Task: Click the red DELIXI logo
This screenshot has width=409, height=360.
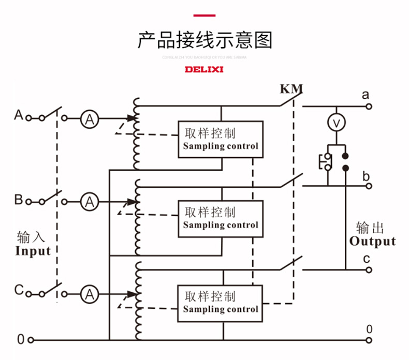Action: click(204, 69)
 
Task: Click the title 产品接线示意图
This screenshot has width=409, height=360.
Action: click(204, 39)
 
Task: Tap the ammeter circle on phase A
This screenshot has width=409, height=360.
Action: click(90, 118)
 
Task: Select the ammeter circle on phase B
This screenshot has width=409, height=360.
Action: click(90, 201)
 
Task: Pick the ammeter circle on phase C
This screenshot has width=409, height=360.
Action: click(90, 294)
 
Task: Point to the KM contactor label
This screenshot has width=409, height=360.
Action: click(291, 89)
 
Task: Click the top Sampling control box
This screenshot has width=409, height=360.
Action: click(221, 139)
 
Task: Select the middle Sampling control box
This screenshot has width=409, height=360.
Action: click(221, 218)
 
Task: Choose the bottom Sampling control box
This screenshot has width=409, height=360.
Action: click(221, 303)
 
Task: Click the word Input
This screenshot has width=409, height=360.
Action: click(33, 251)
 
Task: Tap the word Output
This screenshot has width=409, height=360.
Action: click(372, 241)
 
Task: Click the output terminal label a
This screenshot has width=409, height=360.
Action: click(366, 95)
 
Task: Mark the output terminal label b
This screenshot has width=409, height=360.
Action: click(366, 176)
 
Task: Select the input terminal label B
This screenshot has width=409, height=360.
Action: click(19, 199)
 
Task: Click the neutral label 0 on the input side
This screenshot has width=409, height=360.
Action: click(20, 340)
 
